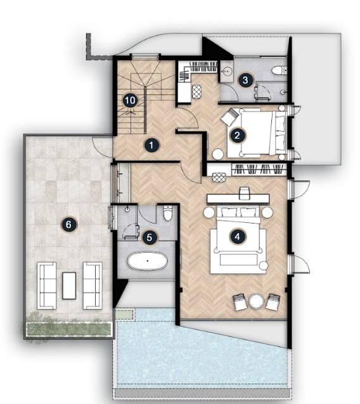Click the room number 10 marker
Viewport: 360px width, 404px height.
(x=130, y=100)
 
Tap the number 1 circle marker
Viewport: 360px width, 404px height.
(x=151, y=145)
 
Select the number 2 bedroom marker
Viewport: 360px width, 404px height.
(x=237, y=135)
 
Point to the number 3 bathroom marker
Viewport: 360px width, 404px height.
(x=245, y=80)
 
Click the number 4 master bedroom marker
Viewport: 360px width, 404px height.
(x=238, y=236)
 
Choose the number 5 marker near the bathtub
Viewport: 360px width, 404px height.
(x=150, y=237)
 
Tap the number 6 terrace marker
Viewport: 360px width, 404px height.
(x=68, y=224)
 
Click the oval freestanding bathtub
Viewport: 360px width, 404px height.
(x=148, y=261)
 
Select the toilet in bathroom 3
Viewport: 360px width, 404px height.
(x=279, y=70)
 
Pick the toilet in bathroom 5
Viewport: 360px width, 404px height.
(x=168, y=213)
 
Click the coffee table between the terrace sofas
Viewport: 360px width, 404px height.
(x=69, y=286)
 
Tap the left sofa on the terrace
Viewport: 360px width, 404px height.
(x=47, y=286)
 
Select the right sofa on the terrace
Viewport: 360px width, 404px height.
(x=93, y=286)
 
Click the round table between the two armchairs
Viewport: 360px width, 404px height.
(x=256, y=301)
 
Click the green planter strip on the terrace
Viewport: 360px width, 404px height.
(x=69, y=329)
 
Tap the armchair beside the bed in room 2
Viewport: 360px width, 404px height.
(x=230, y=117)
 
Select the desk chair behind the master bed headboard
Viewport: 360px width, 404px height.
(x=245, y=193)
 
